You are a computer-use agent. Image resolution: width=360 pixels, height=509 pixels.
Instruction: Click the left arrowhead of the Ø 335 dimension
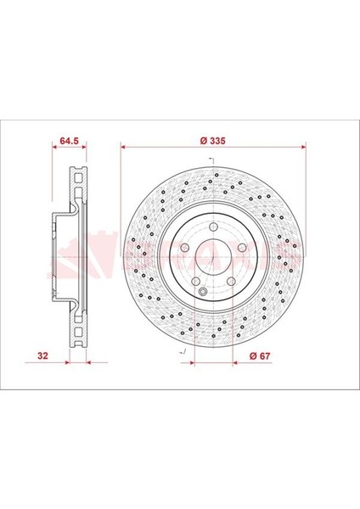pos(125,147)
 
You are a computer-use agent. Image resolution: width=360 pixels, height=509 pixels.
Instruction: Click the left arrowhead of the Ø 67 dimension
pos(196,361)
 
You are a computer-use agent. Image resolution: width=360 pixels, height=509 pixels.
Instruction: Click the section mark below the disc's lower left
pos(181,349)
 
